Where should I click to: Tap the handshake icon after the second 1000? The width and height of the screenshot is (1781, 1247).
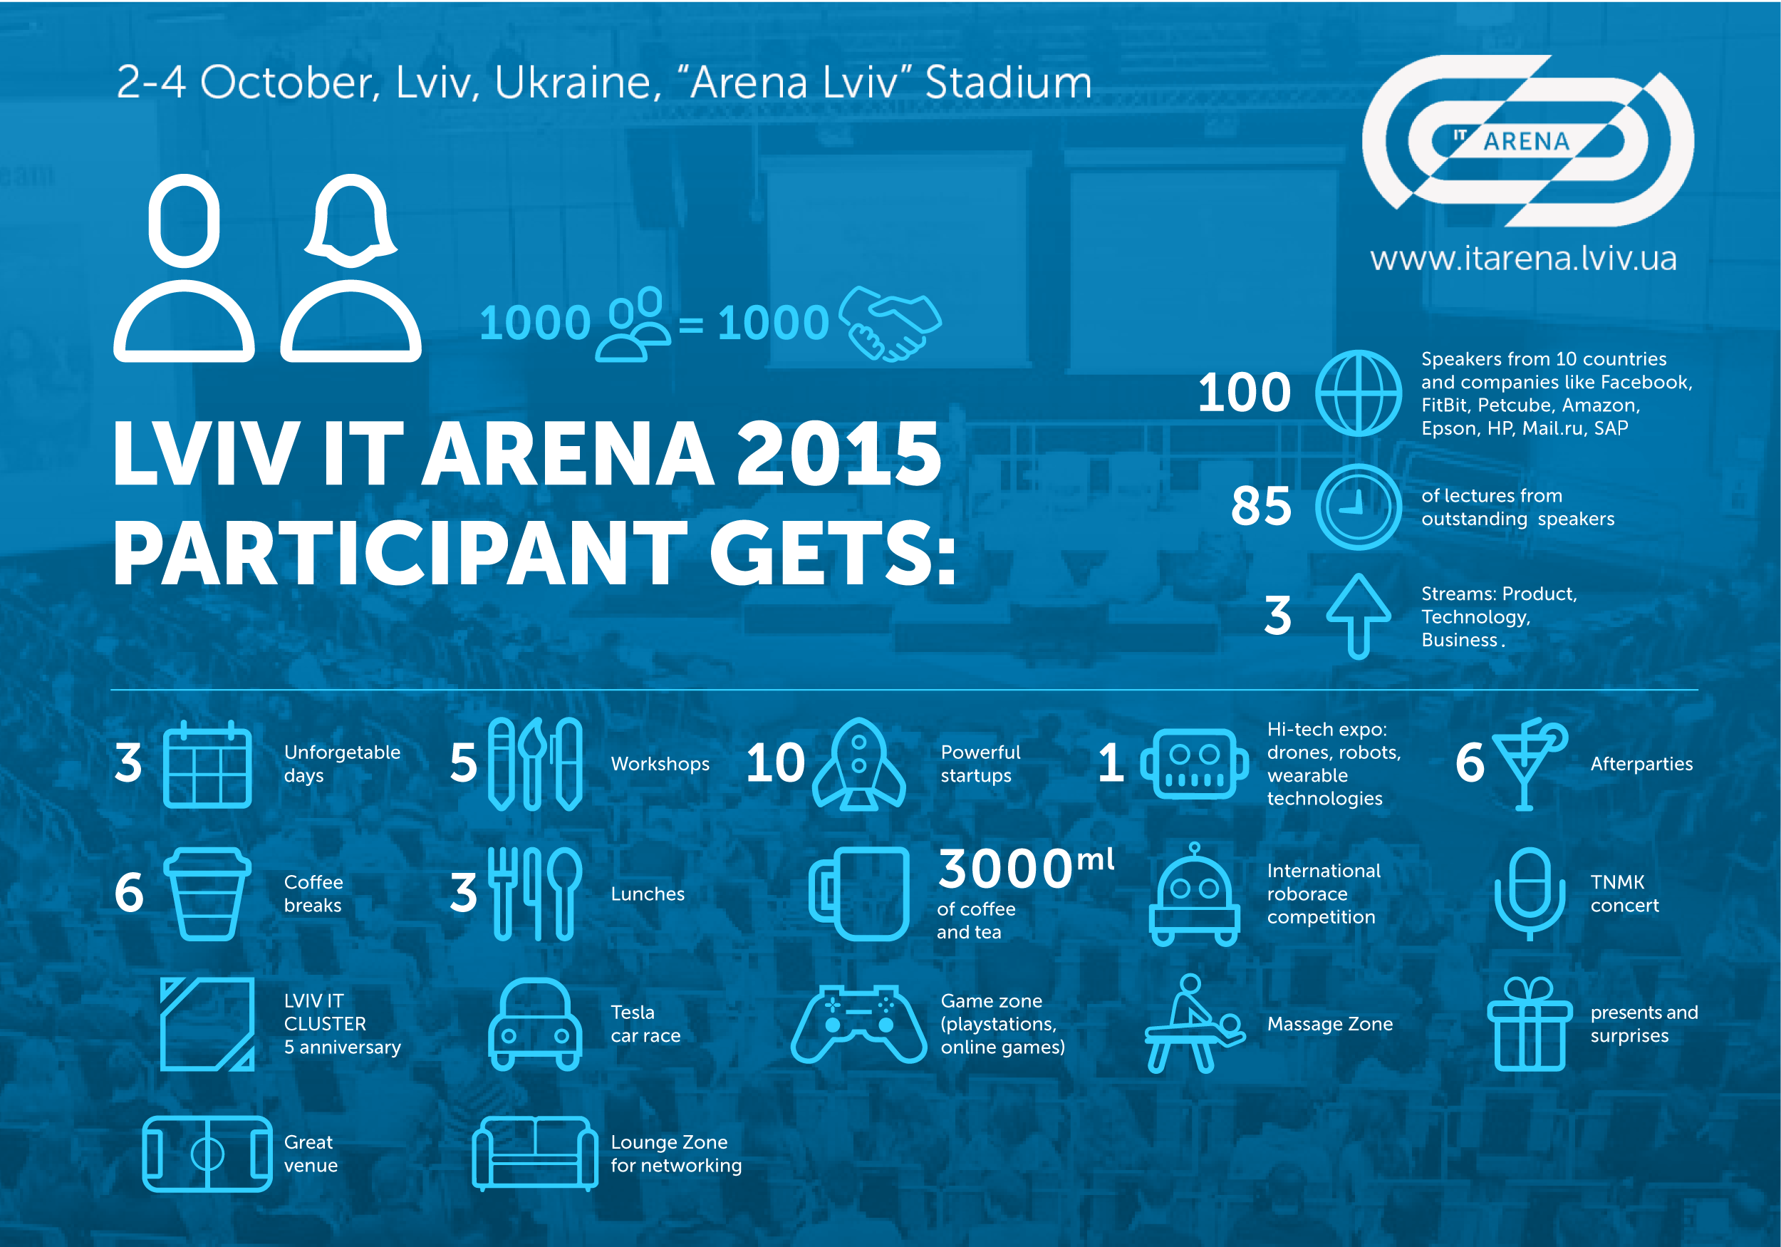890,323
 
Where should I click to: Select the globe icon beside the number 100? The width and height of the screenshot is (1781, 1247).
1359,393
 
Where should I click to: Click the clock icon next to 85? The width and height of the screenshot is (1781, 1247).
1359,507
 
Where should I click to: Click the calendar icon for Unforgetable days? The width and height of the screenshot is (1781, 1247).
207,765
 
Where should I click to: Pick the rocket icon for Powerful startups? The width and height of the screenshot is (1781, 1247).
858,765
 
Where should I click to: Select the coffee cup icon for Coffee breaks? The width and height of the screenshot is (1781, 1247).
207,894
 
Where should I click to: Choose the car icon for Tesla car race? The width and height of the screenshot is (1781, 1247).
534,1024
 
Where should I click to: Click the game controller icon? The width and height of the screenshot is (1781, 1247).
858,1024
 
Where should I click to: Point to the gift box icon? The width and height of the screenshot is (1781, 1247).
1529,1024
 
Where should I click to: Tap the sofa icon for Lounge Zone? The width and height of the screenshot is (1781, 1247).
534,1154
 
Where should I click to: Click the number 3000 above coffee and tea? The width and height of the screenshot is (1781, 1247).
1005,869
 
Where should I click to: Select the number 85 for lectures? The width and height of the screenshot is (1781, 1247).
1261,507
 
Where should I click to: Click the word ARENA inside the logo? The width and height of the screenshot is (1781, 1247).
1526,142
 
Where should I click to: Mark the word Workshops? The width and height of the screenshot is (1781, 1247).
660,765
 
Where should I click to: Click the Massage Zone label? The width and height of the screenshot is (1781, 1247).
1329,1024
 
